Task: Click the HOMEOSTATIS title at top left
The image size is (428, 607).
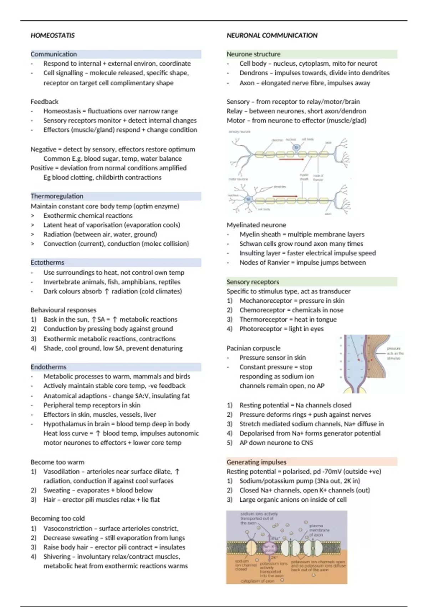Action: [52, 35]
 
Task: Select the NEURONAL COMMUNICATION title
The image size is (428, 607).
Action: [272, 35]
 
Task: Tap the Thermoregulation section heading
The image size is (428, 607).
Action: [57, 196]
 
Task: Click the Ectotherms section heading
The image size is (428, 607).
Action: [47, 262]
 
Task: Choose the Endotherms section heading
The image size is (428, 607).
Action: [49, 367]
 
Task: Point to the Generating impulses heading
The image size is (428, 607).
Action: [256, 462]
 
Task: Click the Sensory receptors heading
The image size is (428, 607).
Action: [253, 282]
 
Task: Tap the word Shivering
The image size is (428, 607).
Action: [57, 556]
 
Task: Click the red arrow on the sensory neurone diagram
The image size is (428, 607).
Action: [291, 160]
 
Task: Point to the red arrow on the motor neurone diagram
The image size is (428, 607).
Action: [285, 196]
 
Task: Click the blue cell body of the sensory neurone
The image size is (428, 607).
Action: [296, 147]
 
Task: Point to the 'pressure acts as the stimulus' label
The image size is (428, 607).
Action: [395, 353]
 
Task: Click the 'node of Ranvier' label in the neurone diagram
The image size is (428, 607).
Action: [318, 177]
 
